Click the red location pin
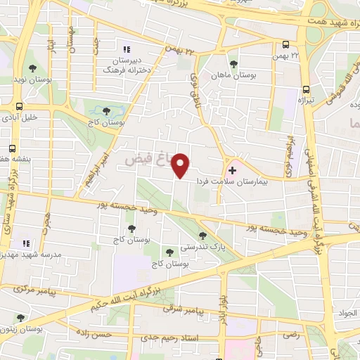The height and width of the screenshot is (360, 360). coord(181,166)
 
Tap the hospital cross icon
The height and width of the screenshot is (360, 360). coord(233,170)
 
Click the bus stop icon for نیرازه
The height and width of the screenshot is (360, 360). coord(306,89)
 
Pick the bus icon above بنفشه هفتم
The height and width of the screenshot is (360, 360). coord(13,148)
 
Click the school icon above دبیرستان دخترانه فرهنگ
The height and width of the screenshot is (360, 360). coord(127,49)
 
